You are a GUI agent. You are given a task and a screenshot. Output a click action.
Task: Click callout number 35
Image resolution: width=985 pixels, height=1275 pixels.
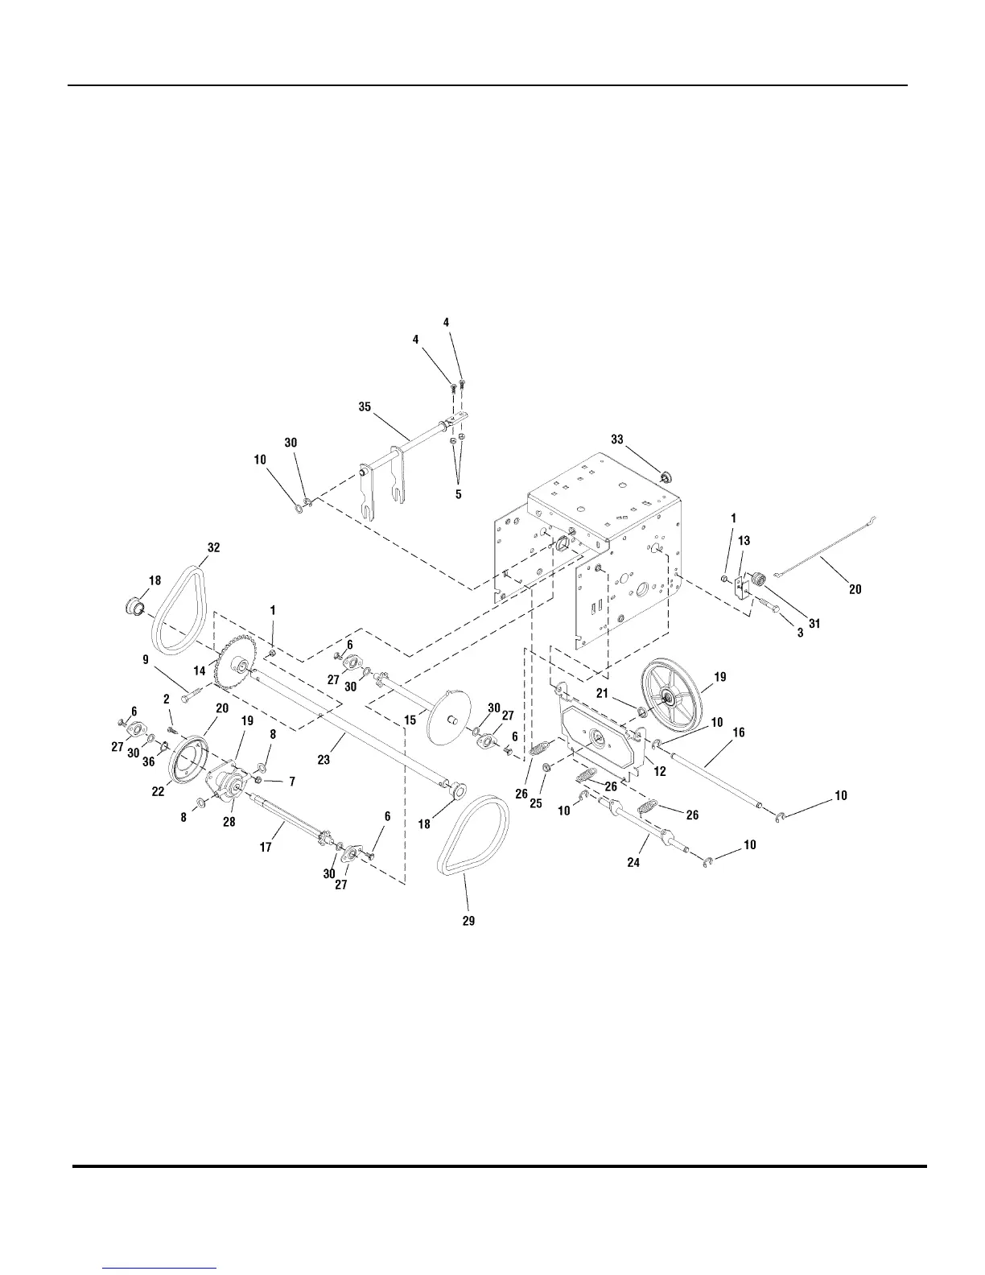[x=365, y=407]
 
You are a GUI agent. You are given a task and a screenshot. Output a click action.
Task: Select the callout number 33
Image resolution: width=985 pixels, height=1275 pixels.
[x=617, y=439]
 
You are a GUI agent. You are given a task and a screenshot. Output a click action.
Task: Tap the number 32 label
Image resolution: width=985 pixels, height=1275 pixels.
[x=212, y=547]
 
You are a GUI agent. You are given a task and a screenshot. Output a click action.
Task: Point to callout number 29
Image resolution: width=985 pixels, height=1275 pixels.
[x=468, y=921]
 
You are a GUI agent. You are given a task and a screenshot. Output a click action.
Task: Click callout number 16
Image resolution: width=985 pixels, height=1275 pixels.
[x=738, y=732]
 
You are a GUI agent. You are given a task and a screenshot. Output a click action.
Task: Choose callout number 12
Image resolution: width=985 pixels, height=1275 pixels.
[x=660, y=772]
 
